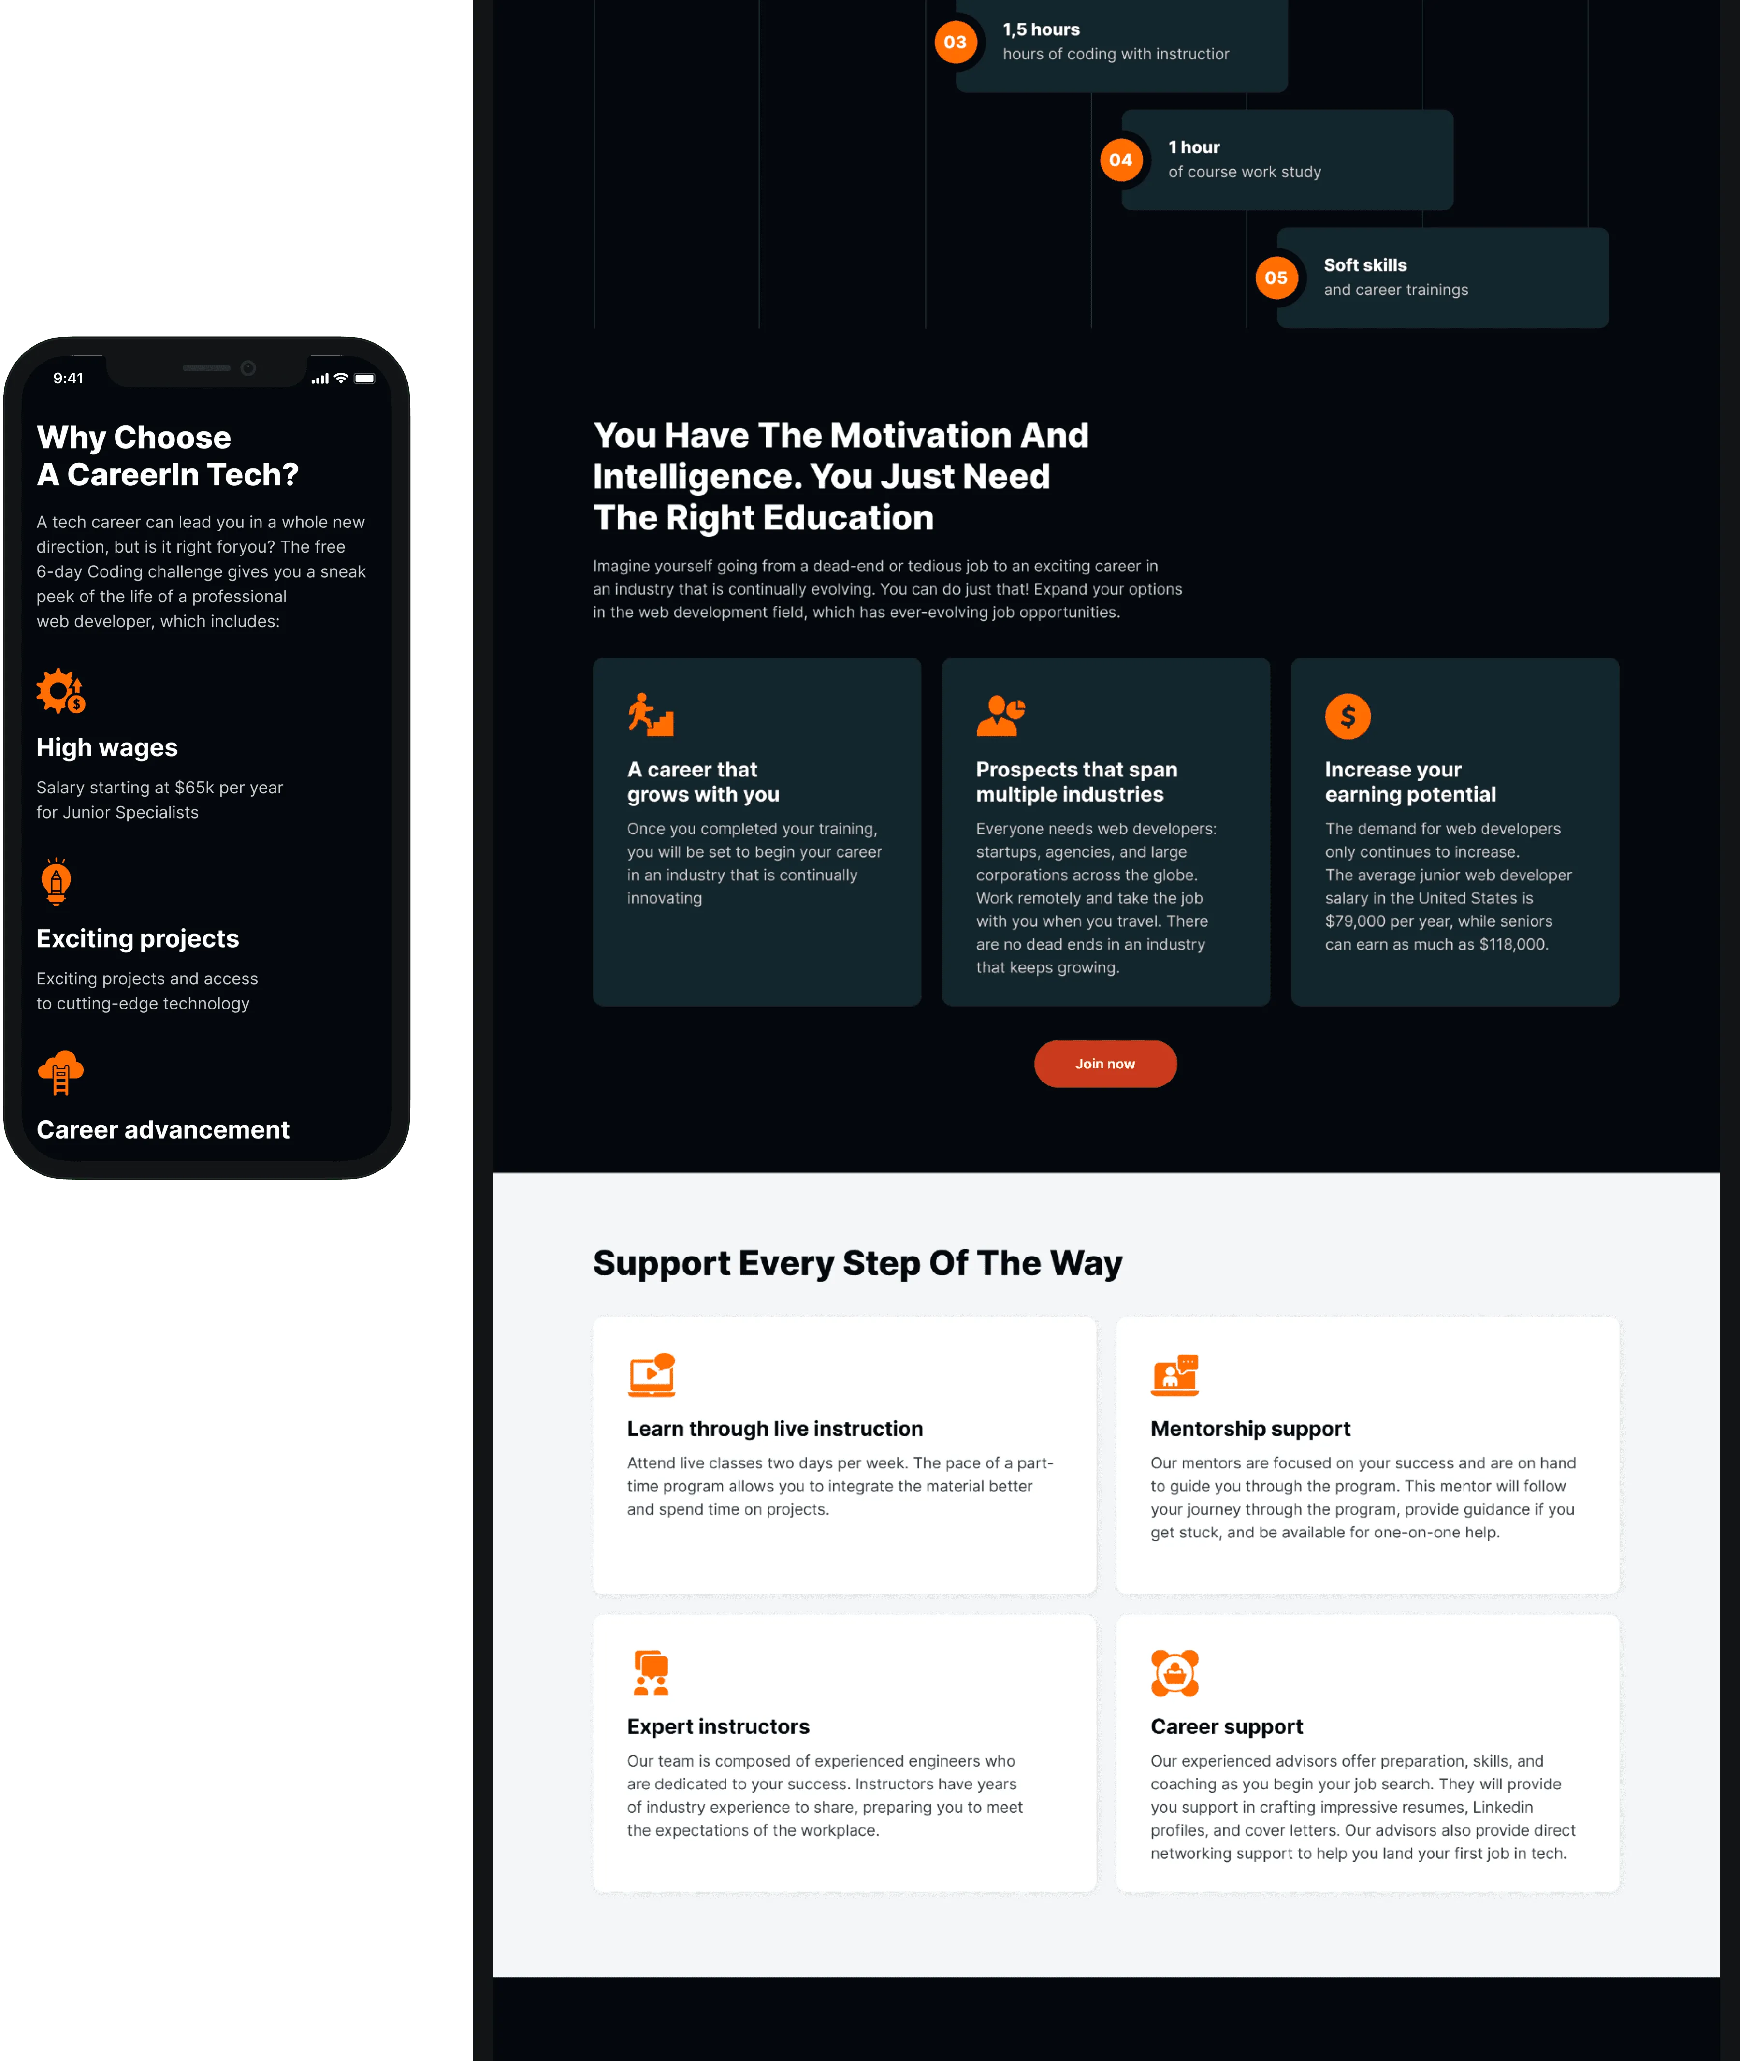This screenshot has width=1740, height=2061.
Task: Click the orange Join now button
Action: tap(1105, 1064)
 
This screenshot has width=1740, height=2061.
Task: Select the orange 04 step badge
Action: tap(1120, 160)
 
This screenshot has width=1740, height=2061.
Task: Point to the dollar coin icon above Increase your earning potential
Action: tap(1348, 716)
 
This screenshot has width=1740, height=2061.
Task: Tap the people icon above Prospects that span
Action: tap(1000, 715)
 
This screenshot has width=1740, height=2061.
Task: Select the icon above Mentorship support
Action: tap(1175, 1374)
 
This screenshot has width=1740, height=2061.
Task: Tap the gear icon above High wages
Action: tap(60, 690)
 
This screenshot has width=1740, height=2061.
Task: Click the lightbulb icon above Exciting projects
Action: tap(56, 881)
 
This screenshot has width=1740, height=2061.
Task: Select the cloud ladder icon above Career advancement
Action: tap(60, 1072)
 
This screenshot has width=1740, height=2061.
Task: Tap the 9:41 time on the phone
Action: tap(68, 378)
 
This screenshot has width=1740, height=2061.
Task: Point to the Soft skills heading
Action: tap(1365, 265)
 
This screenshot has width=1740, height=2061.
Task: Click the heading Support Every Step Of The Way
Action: tap(857, 1263)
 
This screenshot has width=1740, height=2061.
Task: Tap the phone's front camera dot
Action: tap(248, 368)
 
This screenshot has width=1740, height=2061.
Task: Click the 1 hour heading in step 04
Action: tap(1193, 147)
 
